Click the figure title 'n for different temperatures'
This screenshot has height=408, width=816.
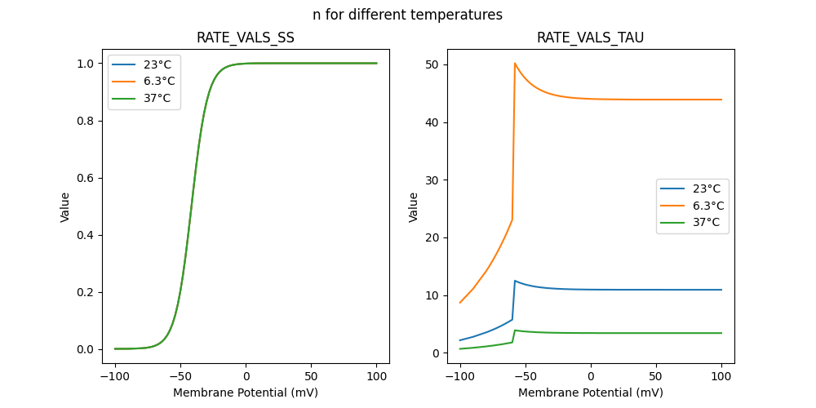coord(407,15)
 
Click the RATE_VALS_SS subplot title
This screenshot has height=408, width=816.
coord(246,38)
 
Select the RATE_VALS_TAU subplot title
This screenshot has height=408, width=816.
coord(591,38)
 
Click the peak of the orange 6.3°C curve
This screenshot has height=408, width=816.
coord(515,63)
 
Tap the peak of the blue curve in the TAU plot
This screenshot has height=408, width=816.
coord(515,281)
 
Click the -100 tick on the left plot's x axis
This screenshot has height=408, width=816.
coord(115,375)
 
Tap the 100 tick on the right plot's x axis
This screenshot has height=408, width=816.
coord(721,375)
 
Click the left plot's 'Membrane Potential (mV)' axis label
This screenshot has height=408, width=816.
coord(246,392)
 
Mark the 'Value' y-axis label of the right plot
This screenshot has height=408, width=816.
coord(414,207)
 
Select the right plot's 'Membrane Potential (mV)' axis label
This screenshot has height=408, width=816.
coord(591,392)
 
